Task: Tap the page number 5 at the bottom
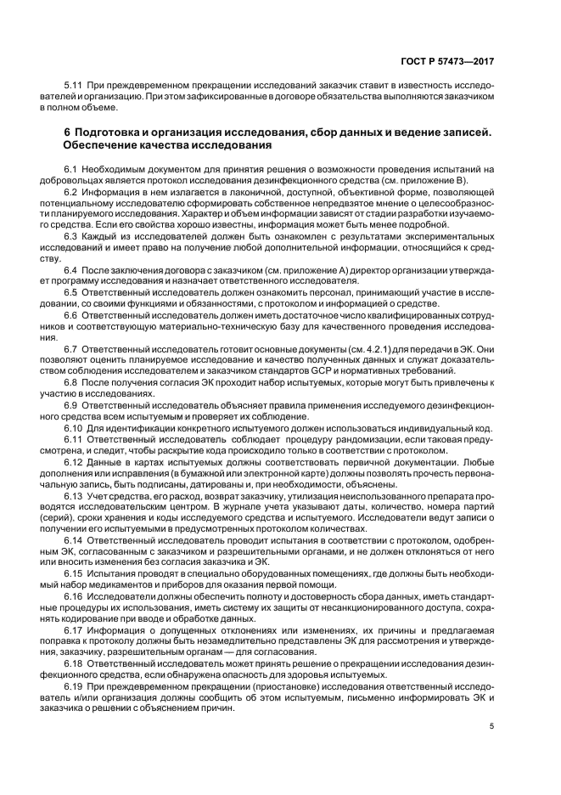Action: tap(492, 726)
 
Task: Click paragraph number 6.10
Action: tap(76, 428)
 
